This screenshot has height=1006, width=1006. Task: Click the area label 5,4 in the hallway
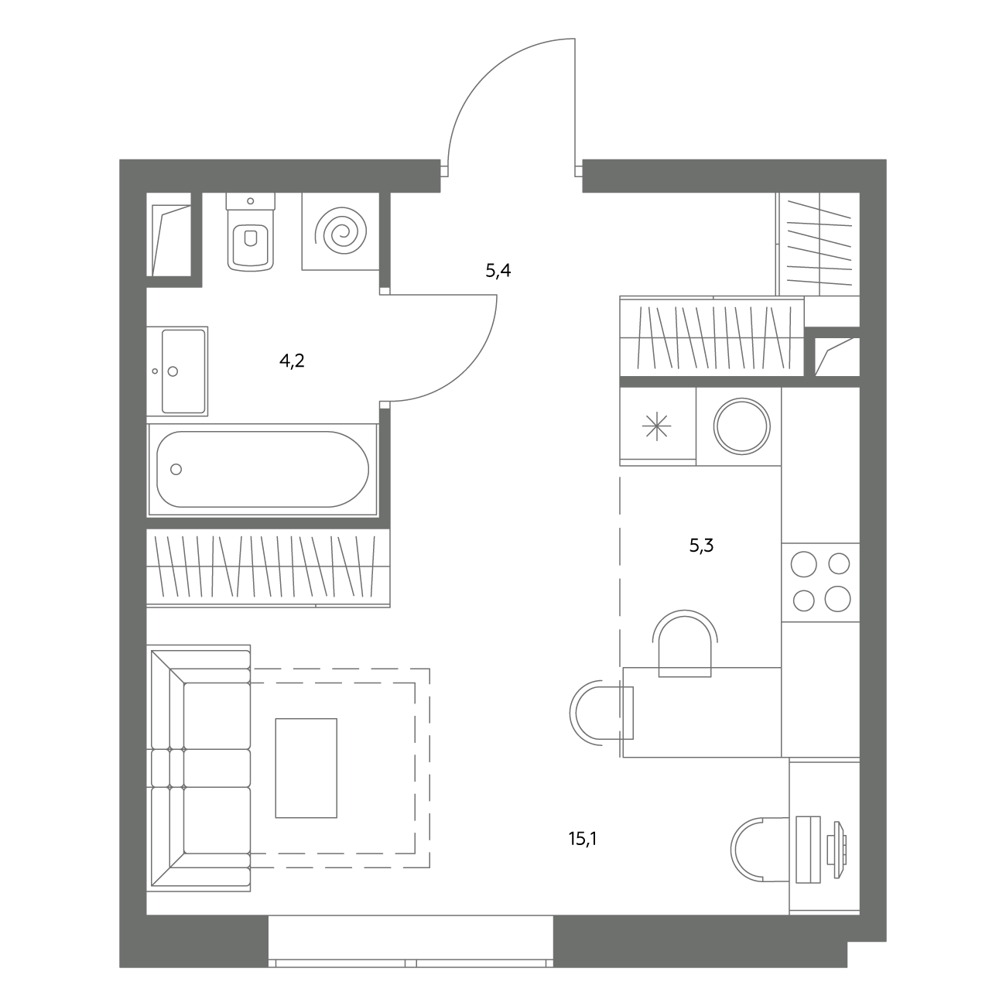(x=498, y=271)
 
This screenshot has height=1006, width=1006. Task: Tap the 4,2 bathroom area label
(x=292, y=361)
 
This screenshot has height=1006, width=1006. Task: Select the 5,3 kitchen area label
(x=701, y=546)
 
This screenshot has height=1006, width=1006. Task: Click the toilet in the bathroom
(x=251, y=232)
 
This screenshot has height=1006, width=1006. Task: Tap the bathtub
(x=262, y=469)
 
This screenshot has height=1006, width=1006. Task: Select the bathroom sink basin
(x=183, y=371)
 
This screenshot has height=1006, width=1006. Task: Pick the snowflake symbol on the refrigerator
(x=657, y=426)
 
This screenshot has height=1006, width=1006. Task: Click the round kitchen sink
(x=742, y=426)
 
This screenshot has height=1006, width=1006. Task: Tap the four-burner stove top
(x=820, y=582)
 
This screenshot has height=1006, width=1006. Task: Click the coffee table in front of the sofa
(x=306, y=768)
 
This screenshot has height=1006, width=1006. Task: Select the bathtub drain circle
(x=176, y=469)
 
